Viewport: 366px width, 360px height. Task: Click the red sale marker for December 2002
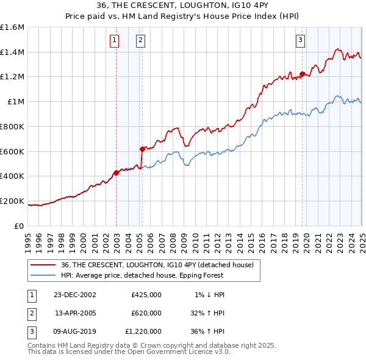coord(116,173)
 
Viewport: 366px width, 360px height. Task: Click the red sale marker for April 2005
coord(142,148)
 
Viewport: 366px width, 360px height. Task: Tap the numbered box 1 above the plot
coord(114,41)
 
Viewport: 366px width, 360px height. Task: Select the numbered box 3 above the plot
coord(301,41)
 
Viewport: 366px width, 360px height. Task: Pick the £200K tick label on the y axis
coord(12,201)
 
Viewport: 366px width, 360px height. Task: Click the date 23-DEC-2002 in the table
coord(76,295)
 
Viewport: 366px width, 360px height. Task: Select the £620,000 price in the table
coord(146,313)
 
